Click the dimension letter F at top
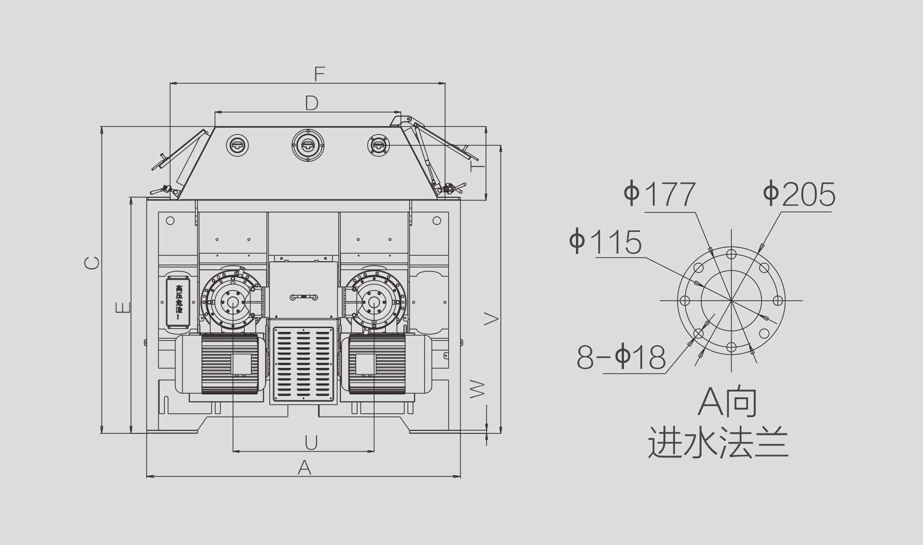(x=320, y=74)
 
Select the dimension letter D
(x=312, y=103)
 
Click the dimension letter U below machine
(x=311, y=443)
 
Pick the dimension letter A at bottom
(x=304, y=467)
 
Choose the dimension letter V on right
(x=491, y=318)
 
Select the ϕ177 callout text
(x=660, y=194)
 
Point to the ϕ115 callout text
(x=606, y=241)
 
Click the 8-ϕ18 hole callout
(x=622, y=357)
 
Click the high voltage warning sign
(x=179, y=302)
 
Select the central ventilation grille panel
(x=303, y=364)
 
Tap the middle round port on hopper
(x=308, y=145)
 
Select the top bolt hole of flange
(x=731, y=254)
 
